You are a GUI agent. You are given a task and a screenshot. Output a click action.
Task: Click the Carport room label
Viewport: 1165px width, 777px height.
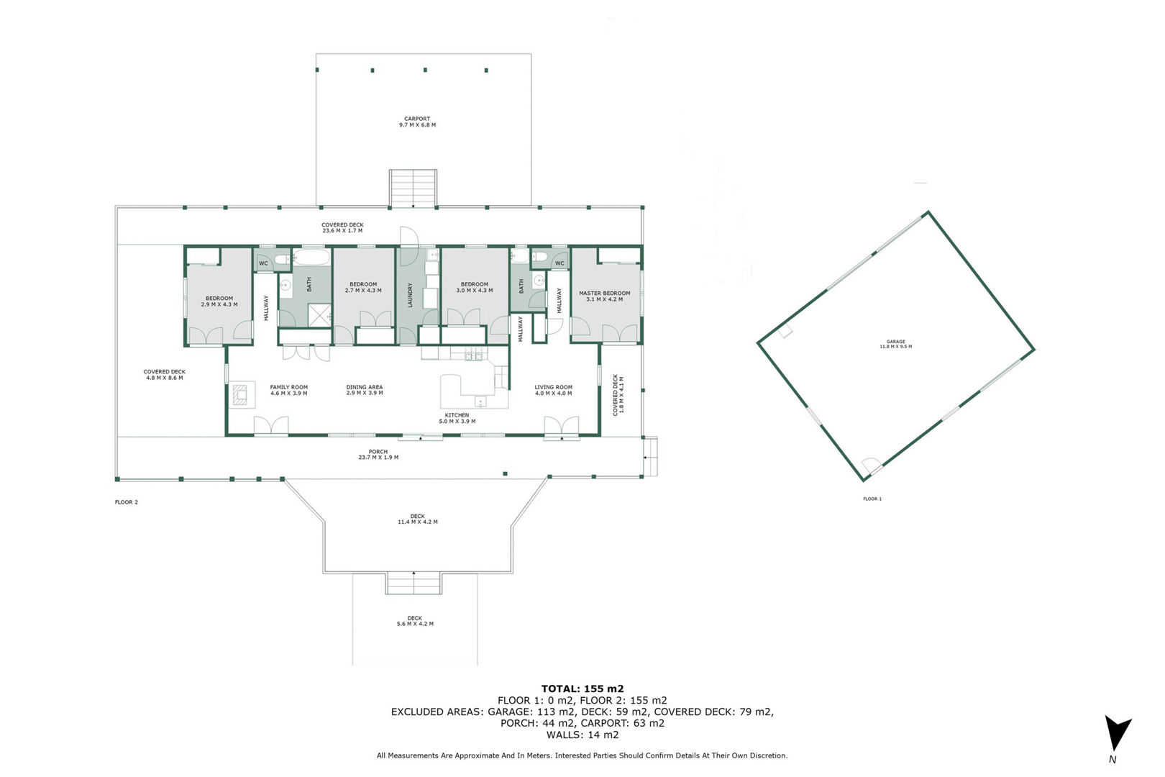click(417, 119)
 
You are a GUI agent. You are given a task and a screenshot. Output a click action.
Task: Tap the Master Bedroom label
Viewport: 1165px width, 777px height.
click(604, 293)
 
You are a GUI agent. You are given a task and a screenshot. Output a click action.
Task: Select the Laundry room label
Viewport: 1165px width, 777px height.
click(410, 295)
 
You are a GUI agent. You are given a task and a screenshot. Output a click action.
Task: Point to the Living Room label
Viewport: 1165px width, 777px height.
click(554, 387)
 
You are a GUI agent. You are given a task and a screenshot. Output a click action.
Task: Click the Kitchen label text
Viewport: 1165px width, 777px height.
click(457, 415)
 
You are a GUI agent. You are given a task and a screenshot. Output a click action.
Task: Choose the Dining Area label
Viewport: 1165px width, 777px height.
click(365, 387)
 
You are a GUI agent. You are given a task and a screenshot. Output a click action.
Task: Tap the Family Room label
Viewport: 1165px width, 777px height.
click(288, 387)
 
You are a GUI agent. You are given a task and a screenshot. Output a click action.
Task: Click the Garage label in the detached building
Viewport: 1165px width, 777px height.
click(895, 342)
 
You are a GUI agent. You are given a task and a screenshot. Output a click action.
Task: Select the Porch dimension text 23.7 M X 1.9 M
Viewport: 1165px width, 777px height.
click(378, 458)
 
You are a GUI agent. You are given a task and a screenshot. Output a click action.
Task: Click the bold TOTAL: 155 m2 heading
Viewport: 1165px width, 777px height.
click(582, 689)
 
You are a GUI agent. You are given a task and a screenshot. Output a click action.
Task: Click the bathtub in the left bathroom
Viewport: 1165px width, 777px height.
click(311, 257)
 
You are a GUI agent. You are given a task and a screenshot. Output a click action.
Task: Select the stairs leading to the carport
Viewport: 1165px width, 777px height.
click(414, 188)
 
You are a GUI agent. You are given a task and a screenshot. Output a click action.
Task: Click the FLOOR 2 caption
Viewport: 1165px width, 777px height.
click(127, 502)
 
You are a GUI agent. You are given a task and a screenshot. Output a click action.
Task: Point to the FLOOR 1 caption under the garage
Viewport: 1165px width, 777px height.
click(872, 499)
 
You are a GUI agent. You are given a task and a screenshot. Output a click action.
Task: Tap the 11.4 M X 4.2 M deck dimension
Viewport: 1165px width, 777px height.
click(418, 522)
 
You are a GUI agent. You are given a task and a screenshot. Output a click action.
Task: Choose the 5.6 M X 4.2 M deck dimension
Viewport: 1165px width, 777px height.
click(415, 624)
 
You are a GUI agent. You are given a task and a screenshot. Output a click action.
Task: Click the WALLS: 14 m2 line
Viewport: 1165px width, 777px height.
click(582, 735)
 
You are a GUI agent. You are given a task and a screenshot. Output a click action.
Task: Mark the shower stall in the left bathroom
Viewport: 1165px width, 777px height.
click(320, 315)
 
